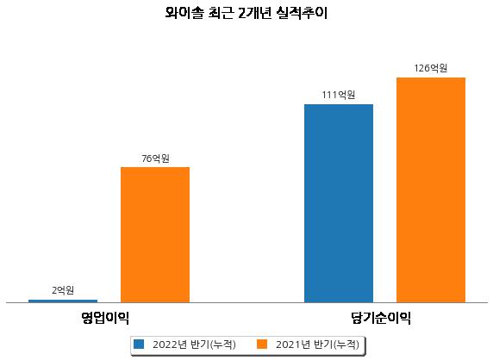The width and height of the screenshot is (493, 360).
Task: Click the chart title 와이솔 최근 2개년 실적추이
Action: pos(246,13)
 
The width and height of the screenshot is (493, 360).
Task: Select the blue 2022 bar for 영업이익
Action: pos(63,301)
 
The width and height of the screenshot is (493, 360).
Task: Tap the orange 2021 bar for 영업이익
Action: pos(155,234)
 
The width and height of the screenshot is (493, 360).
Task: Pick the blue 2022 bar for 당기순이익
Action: pos(339,203)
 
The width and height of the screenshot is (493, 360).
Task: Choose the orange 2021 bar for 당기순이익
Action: pos(431,189)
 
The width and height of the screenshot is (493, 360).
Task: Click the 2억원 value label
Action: pos(63,290)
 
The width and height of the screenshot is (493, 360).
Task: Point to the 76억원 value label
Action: pos(155,158)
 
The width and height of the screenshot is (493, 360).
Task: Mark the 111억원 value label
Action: pos(339,95)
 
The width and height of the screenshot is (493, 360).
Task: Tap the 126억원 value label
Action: pos(431,68)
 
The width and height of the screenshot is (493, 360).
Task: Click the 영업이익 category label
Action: pos(105,318)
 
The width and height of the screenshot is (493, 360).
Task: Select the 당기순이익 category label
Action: pos(381,318)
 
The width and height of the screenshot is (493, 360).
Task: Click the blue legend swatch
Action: pos(139,344)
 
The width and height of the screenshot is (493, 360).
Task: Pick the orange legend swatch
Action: pos(262,344)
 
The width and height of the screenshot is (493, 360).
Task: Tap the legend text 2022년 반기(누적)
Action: pos(194,344)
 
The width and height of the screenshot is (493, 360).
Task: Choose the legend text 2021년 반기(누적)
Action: pos(317,344)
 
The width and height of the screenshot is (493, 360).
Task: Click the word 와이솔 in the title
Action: pos(184,13)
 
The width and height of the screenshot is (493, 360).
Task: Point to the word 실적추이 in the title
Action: pos(303,13)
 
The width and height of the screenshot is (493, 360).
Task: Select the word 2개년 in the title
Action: pos(254,13)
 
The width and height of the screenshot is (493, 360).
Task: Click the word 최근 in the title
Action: pos(221,13)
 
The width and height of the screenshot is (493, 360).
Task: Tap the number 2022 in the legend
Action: pos(165,344)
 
